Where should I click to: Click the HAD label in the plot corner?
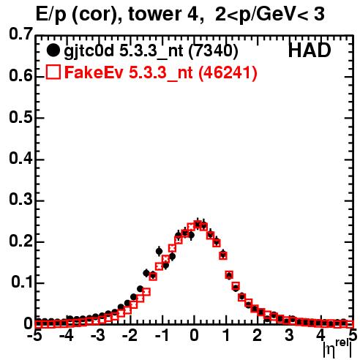coord(310,50)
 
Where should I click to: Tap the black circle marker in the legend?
coord(53,50)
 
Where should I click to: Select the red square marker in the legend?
coord(53,72)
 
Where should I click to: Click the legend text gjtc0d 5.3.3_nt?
coord(123,51)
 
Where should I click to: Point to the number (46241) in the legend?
coord(228,72)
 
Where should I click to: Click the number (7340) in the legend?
coord(213,51)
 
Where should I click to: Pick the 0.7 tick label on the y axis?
coord(20,34)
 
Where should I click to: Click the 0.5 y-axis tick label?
coord(20,118)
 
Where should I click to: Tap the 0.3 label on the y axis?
coord(20,200)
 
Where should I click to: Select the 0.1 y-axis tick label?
coord(22,282)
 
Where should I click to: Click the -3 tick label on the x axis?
coord(98,335)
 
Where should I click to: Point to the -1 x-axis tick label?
coord(162,335)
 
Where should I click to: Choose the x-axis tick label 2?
coord(258,335)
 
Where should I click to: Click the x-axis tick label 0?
coord(194,335)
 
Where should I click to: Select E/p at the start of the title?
coord(50,15)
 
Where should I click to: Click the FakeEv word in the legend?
coord(94,72)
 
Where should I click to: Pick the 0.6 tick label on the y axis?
coord(20,76)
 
